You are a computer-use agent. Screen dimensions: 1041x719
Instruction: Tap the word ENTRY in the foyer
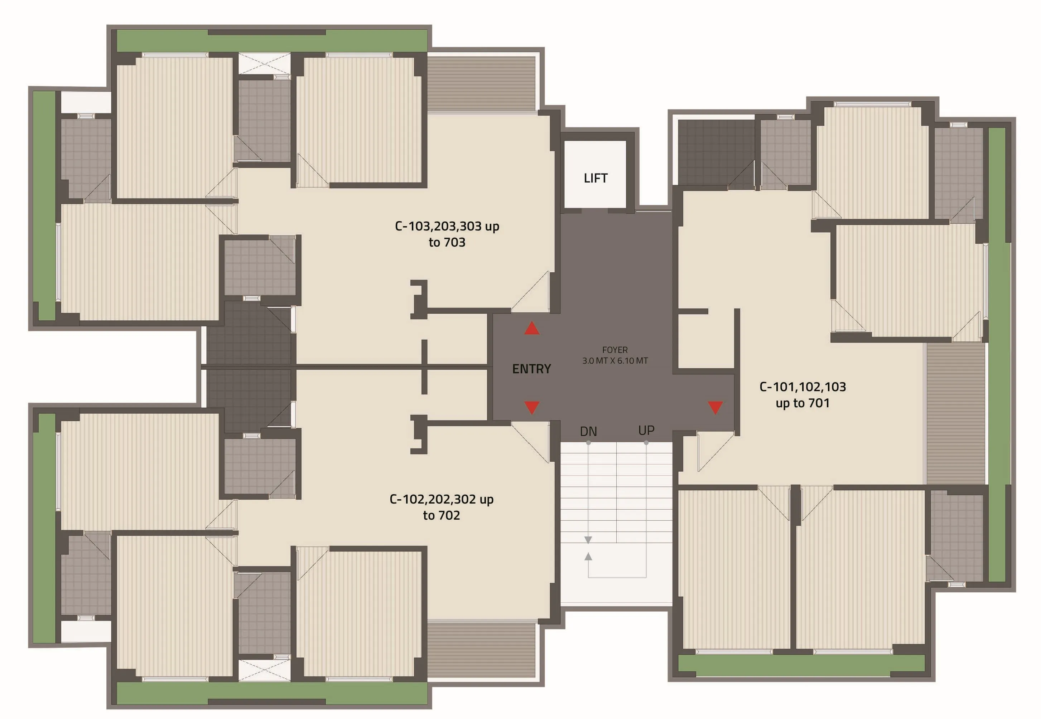[531, 369]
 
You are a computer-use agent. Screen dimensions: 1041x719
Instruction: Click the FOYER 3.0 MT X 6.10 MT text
[615, 355]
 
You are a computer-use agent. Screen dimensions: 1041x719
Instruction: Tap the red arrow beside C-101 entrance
[715, 408]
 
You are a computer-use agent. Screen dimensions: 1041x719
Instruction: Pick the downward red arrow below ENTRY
[532, 408]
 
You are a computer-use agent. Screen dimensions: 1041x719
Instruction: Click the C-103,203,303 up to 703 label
[447, 234]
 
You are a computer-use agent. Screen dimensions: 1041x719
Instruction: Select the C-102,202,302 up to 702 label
[441, 507]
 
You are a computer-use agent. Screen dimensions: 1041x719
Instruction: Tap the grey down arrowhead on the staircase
[588, 540]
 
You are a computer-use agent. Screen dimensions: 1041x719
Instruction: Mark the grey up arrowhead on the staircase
[588, 557]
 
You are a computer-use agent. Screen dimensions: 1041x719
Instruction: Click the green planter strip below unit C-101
[801, 665]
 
